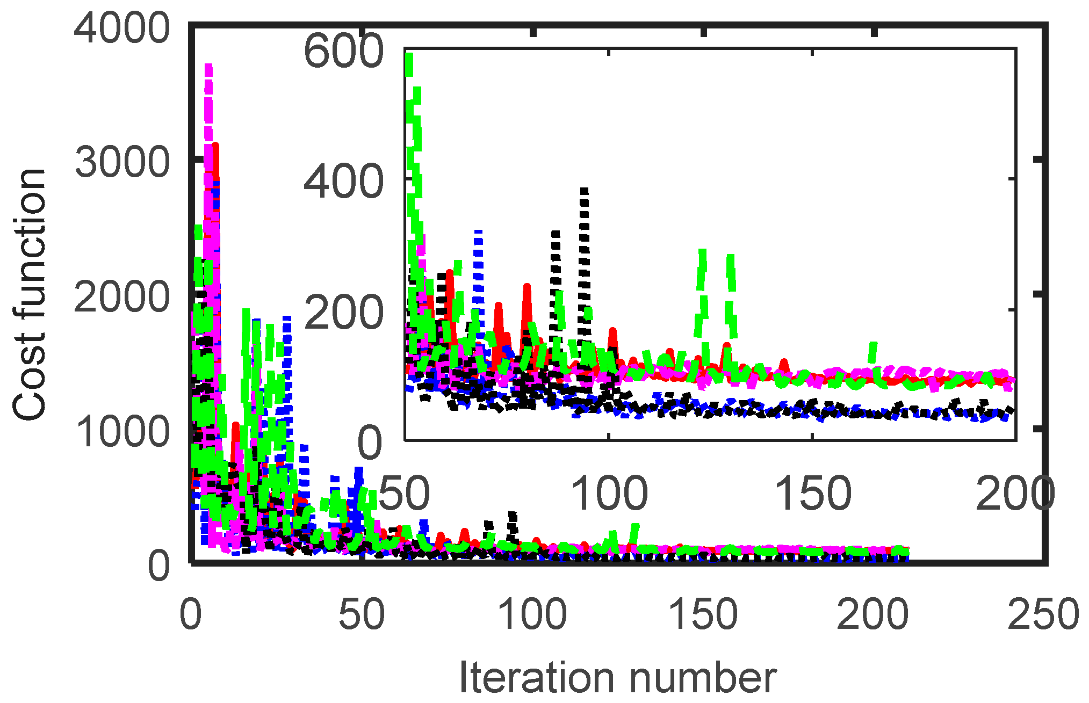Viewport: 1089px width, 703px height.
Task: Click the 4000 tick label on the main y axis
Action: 122,28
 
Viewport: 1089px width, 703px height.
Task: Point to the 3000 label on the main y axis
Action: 122,162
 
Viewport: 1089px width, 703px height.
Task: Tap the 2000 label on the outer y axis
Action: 122,297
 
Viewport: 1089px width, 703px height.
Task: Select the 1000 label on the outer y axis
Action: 122,431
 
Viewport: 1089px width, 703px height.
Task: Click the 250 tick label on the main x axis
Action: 1043,614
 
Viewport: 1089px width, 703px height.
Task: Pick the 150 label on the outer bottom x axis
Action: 703,614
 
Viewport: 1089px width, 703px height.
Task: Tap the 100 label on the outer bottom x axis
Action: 532,614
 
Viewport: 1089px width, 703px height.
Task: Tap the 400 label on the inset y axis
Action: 344,181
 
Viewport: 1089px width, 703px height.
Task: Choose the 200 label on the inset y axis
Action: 344,313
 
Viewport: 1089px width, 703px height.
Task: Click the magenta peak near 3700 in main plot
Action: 208,67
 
